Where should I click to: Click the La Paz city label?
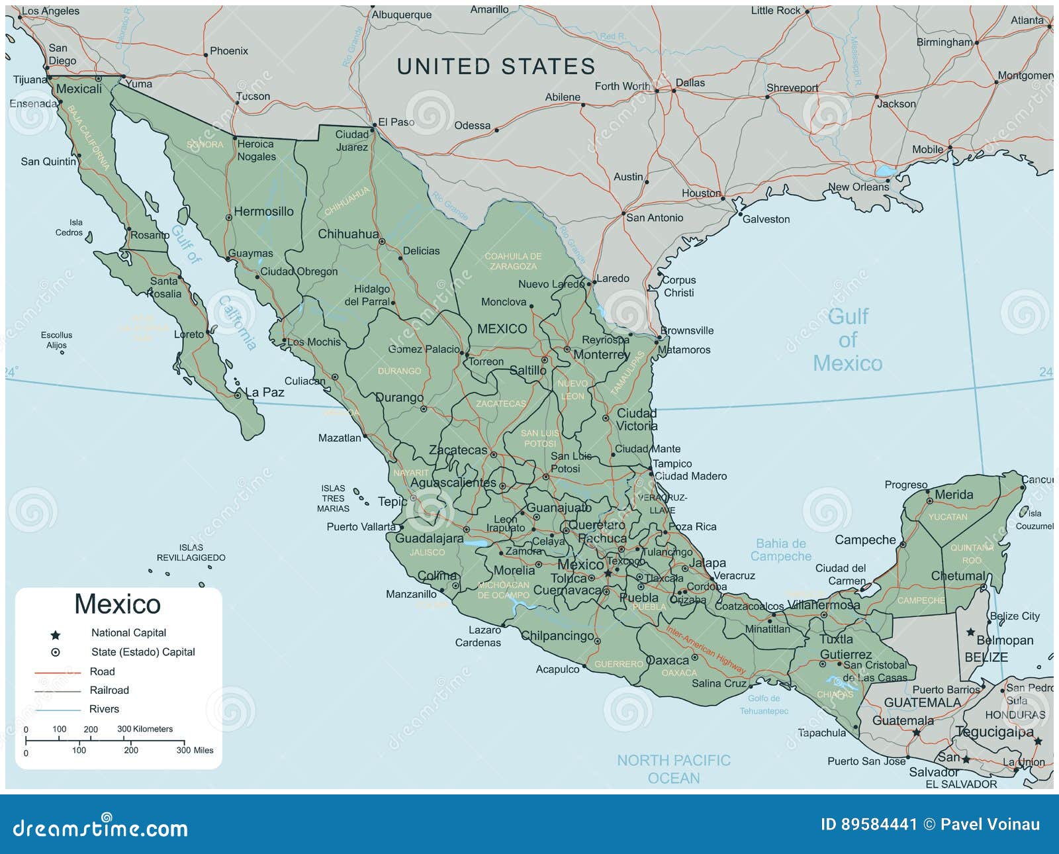pyautogui.click(x=265, y=393)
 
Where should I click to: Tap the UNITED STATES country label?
pyautogui.click(x=496, y=67)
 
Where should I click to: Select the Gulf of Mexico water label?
pyautogui.click(x=847, y=340)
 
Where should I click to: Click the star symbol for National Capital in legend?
pyautogui.click(x=56, y=635)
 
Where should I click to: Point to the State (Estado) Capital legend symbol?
pyautogui.click(x=56, y=653)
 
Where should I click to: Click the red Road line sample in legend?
pyautogui.click(x=58, y=673)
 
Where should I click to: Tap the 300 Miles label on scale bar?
pyautogui.click(x=195, y=750)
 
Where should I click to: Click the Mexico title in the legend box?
pyautogui.click(x=117, y=604)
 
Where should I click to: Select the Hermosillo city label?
pyautogui.click(x=263, y=212)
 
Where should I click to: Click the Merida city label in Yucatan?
pyautogui.click(x=954, y=495)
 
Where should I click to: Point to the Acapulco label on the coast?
pyautogui.click(x=557, y=670)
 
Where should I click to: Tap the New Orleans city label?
pyautogui.click(x=858, y=187)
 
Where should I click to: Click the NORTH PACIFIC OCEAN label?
pyautogui.click(x=674, y=769)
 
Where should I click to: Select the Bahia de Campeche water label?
pyautogui.click(x=781, y=550)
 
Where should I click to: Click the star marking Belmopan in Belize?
pyautogui.click(x=970, y=633)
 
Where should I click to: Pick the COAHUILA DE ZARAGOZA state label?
pyautogui.click(x=513, y=261)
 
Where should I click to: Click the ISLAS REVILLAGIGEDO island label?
pyautogui.click(x=191, y=553)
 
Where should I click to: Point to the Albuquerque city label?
pyautogui.click(x=401, y=15)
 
